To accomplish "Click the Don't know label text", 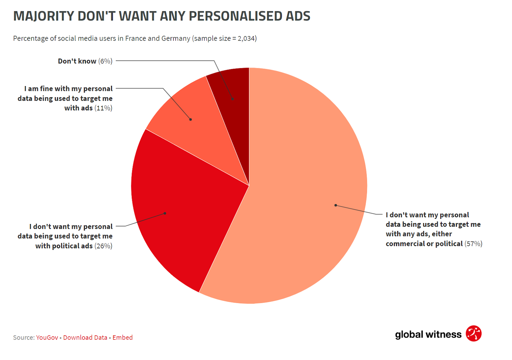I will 77,61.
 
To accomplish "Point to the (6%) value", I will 105,61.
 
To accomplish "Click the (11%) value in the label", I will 103,108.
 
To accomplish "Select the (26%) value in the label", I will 103,246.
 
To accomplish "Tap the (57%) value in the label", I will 474,244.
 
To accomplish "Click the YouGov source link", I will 47,338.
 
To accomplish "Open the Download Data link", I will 85,338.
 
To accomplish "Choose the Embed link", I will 123,338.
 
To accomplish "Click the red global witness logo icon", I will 474,334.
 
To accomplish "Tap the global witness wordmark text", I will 428,335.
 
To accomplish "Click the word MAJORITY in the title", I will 44,16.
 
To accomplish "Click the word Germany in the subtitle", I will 176,38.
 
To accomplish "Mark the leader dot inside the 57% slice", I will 335,205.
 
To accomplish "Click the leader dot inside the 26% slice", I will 165,213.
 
